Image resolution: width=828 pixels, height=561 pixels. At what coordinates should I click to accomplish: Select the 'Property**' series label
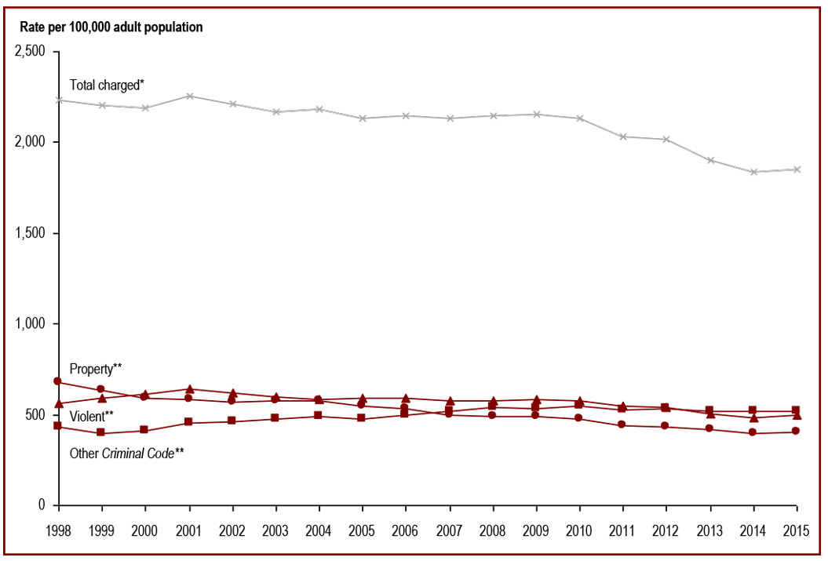[x=96, y=369]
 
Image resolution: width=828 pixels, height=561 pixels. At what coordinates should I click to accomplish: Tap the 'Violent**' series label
[x=92, y=416]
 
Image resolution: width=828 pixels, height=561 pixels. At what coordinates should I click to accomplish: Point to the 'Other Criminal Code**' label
[x=126, y=453]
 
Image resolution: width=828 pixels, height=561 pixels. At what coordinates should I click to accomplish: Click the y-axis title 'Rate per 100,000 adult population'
[x=109, y=27]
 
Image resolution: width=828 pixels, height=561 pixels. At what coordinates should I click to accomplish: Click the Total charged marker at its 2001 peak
[x=189, y=96]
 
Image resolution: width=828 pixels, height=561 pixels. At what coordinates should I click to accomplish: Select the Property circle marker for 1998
[x=57, y=381]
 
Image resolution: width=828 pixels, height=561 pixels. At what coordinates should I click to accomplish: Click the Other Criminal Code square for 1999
[x=101, y=432]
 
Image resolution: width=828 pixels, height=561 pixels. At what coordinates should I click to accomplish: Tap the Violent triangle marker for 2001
[x=189, y=389]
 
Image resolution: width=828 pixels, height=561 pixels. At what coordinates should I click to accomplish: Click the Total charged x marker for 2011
[x=623, y=137]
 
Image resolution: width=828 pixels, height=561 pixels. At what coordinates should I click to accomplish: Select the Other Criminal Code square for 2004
[x=319, y=415]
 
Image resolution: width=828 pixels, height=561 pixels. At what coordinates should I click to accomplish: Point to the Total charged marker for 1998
[x=58, y=100]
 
